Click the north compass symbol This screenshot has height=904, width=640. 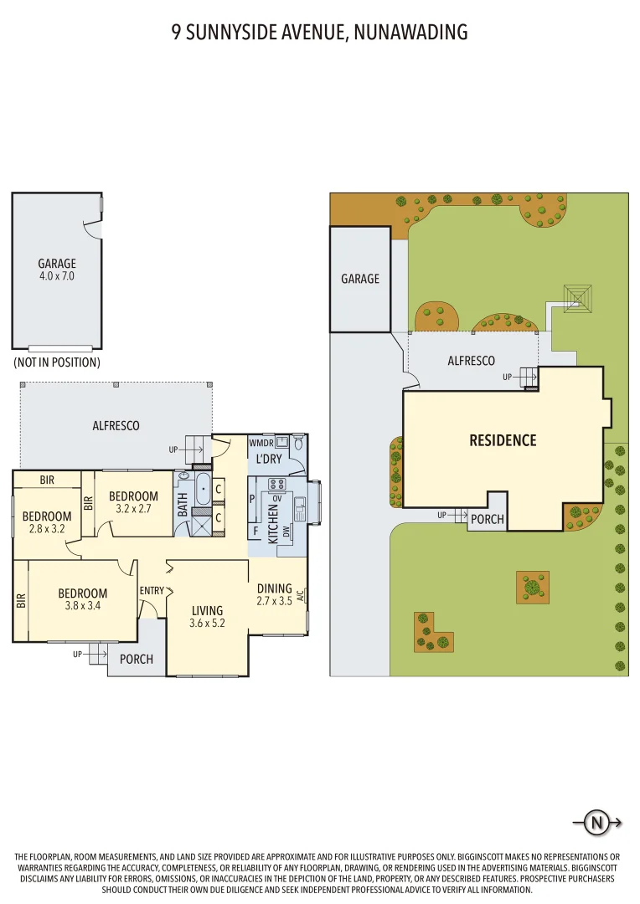[596, 822]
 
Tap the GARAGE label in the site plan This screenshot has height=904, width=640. [360, 279]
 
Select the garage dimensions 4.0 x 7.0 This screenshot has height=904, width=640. [57, 276]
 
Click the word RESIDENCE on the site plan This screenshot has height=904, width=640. [503, 440]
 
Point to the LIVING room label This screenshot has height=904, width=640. [207, 610]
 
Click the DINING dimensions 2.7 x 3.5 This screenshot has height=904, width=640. [274, 601]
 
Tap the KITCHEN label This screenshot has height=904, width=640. [273, 524]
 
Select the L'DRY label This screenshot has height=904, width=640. [268, 459]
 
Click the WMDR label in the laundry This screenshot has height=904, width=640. [261, 443]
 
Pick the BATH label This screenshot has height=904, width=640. [183, 505]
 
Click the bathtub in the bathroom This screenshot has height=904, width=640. [203, 490]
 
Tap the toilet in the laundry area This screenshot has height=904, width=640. [298, 444]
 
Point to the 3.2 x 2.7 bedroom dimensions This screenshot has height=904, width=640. [133, 509]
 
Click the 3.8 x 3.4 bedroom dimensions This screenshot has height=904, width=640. [83, 605]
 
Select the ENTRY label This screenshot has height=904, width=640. [152, 590]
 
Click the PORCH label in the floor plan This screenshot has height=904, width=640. [137, 659]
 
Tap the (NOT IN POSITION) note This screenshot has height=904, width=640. [57, 362]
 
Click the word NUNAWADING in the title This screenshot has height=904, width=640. [410, 33]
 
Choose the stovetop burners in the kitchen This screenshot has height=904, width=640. [276, 485]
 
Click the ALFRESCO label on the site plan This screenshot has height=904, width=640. [471, 361]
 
